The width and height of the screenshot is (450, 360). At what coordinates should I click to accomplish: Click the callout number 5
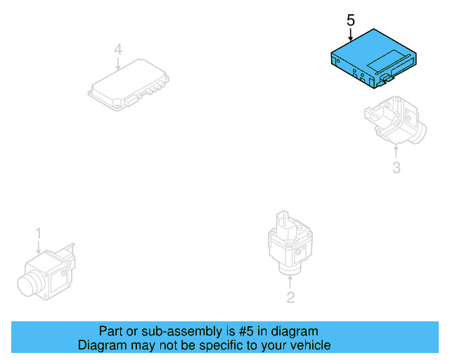pyautogui.click(x=351, y=20)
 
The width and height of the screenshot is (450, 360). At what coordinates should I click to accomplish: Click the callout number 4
pyautogui.click(x=118, y=49)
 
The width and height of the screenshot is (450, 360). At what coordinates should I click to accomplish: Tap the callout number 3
pyautogui.click(x=396, y=167)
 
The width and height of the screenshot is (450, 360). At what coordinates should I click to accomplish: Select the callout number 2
pyautogui.click(x=290, y=297)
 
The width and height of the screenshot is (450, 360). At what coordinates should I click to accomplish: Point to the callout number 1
pyautogui.click(x=39, y=233)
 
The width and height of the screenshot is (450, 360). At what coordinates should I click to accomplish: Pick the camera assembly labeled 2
pyautogui.click(x=289, y=243)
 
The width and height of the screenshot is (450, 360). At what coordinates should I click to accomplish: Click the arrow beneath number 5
pyautogui.click(x=351, y=32)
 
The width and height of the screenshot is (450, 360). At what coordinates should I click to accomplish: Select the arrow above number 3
pyautogui.click(x=396, y=150)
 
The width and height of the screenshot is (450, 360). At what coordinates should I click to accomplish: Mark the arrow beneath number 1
pyautogui.click(x=39, y=245)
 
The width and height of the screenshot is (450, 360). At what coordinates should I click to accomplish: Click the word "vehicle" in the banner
pyautogui.click(x=309, y=345)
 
